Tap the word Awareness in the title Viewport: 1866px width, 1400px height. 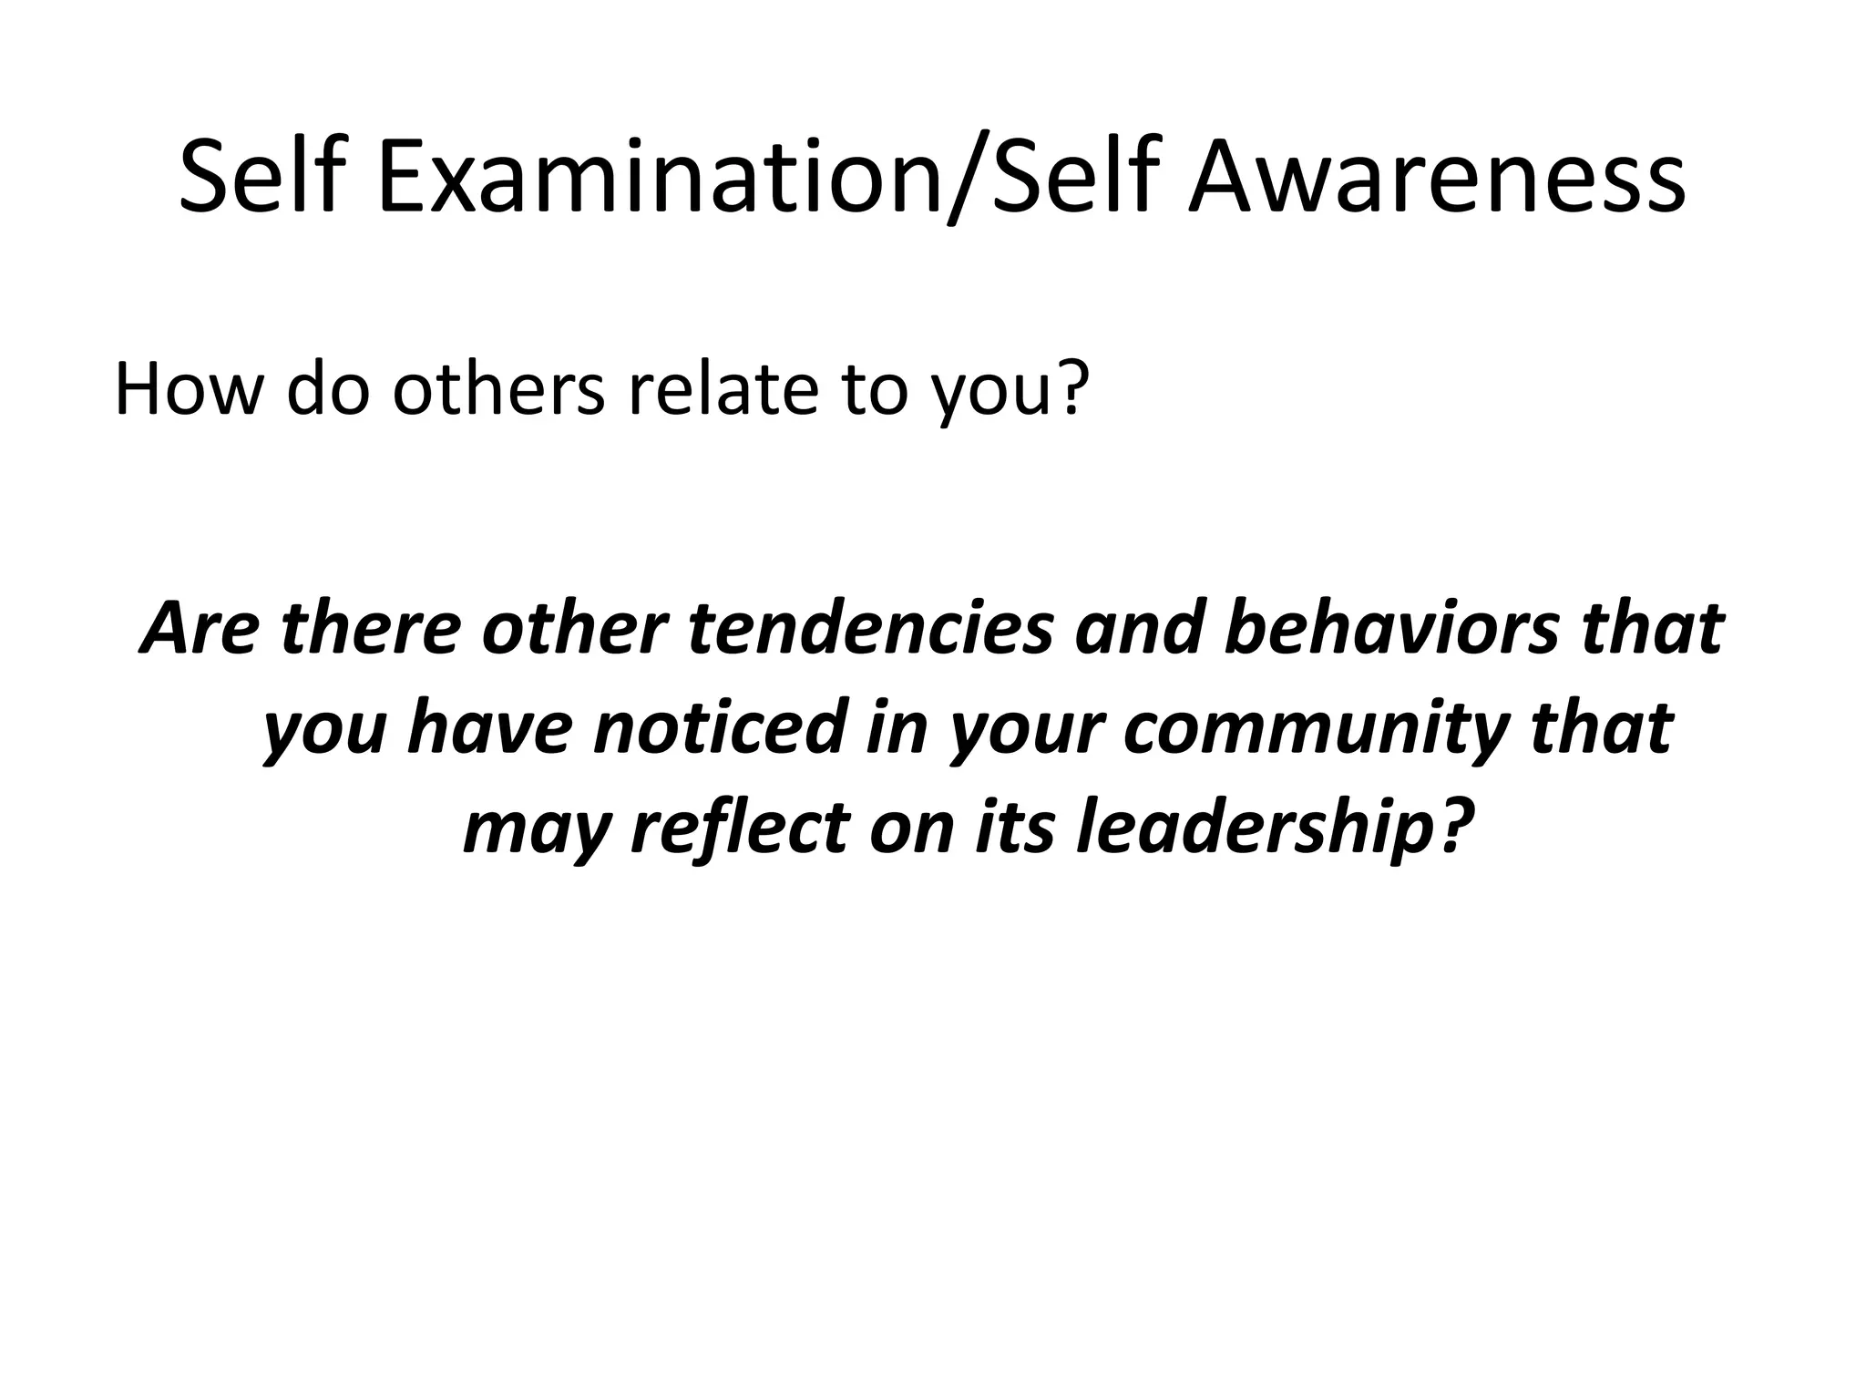(x=1437, y=178)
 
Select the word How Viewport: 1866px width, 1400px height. (x=188, y=389)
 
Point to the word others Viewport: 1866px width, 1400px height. (x=499, y=389)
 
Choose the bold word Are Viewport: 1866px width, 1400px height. (x=200, y=629)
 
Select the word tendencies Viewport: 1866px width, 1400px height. (x=871, y=629)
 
